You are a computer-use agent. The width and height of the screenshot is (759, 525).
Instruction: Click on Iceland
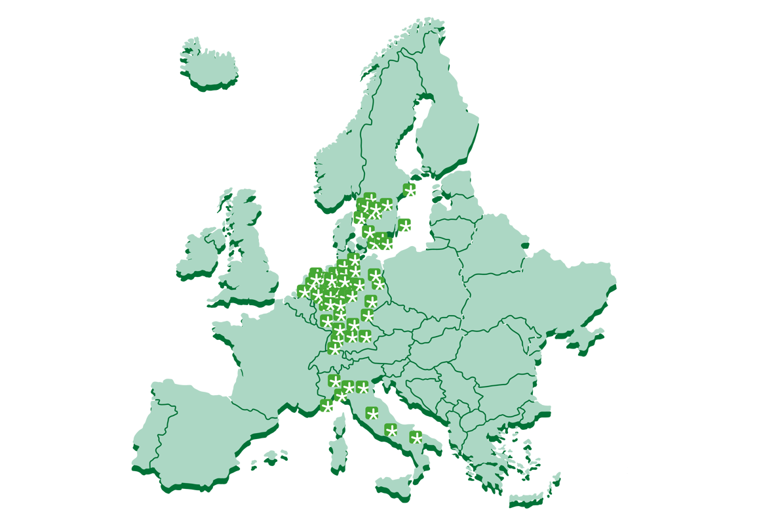pos(208,64)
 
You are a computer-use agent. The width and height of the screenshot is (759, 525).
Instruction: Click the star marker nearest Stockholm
pos(410,190)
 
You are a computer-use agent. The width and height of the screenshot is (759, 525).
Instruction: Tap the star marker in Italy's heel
pos(416,437)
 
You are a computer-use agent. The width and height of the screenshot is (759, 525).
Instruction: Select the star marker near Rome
pos(372,413)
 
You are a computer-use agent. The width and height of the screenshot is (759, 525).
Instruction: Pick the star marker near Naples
pos(391,430)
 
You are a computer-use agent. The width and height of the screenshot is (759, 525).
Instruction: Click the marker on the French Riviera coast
pos(326,407)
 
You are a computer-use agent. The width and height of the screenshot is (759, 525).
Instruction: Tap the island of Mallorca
pos(270,454)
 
